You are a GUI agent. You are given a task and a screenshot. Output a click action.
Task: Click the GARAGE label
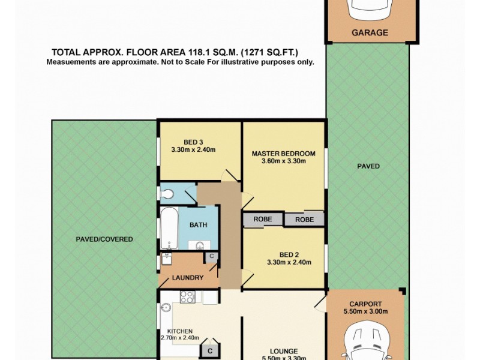(x=370, y=33)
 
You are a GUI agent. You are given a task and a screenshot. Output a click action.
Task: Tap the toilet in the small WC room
(x=168, y=194)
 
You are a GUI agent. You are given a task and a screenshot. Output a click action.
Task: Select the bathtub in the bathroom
(x=169, y=228)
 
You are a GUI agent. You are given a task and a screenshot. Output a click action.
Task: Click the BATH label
(x=198, y=226)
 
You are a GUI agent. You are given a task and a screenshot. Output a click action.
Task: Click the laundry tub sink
(x=166, y=260)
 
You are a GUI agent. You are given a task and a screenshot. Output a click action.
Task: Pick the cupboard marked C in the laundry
(x=211, y=257)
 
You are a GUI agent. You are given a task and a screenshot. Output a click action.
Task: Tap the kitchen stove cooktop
(x=187, y=296)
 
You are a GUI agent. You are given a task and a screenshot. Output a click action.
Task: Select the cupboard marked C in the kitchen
(x=211, y=350)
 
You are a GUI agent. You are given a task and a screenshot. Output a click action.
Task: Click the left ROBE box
(x=262, y=220)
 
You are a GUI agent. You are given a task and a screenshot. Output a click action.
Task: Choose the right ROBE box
(x=304, y=220)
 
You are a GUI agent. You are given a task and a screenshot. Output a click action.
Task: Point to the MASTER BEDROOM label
(x=283, y=154)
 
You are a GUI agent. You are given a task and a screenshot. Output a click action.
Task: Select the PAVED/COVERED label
(x=104, y=239)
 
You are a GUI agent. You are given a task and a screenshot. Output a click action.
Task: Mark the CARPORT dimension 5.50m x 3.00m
(x=365, y=311)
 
